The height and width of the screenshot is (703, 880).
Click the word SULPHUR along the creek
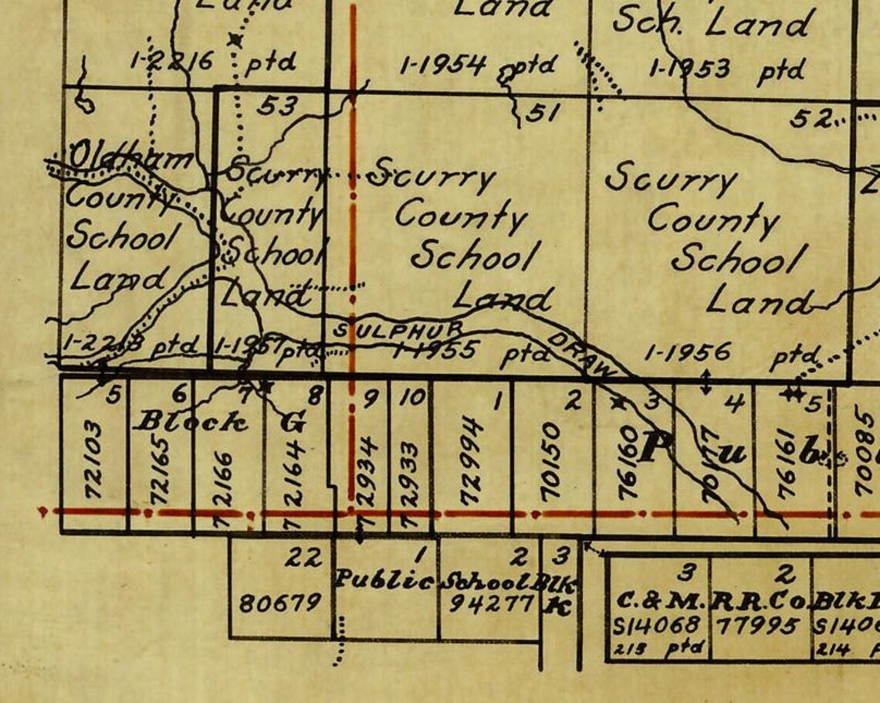click(397, 329)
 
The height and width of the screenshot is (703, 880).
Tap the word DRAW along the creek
click(583, 355)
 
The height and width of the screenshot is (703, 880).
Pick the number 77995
click(759, 623)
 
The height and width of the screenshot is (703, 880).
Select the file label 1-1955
click(432, 351)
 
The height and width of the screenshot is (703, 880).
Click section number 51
click(543, 114)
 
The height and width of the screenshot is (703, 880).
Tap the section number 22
click(303, 556)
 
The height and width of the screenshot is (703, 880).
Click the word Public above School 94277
click(384, 580)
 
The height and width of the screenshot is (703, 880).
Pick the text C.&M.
click(660, 600)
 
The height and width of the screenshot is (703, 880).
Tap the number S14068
click(658, 624)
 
